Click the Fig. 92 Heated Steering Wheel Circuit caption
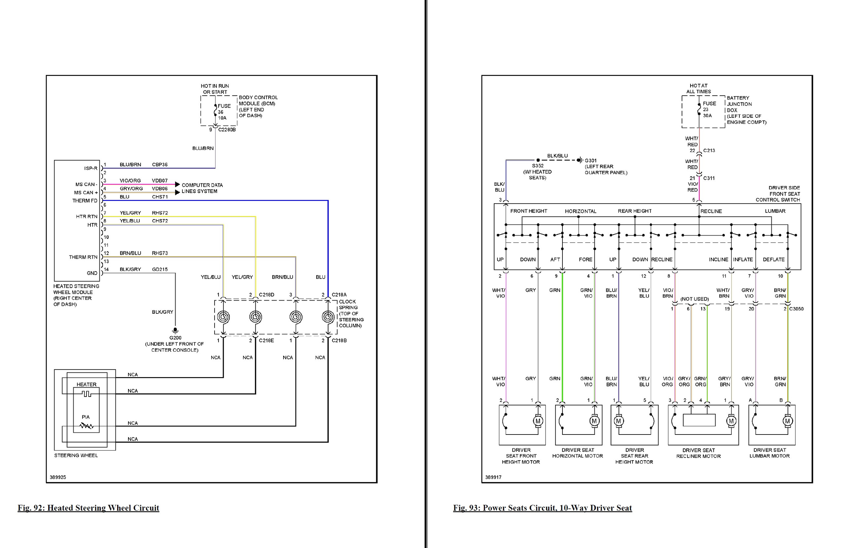coord(88,508)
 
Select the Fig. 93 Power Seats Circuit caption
coord(542,508)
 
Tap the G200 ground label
coord(175,338)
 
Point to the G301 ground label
coord(591,161)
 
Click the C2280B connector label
coord(227,130)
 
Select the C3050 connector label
coord(796,309)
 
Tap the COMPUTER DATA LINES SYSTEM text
coord(202,188)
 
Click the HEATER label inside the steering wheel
coord(86,384)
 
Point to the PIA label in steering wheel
coord(85,417)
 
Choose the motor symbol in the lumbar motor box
coord(787,421)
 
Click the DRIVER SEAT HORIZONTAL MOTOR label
coord(577,453)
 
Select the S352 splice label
coord(538,166)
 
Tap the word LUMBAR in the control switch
coord(775,211)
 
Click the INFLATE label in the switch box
coord(743,259)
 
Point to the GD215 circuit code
coord(160,270)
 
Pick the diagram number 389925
coord(58,477)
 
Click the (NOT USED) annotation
coord(694,299)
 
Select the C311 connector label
coord(709,178)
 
